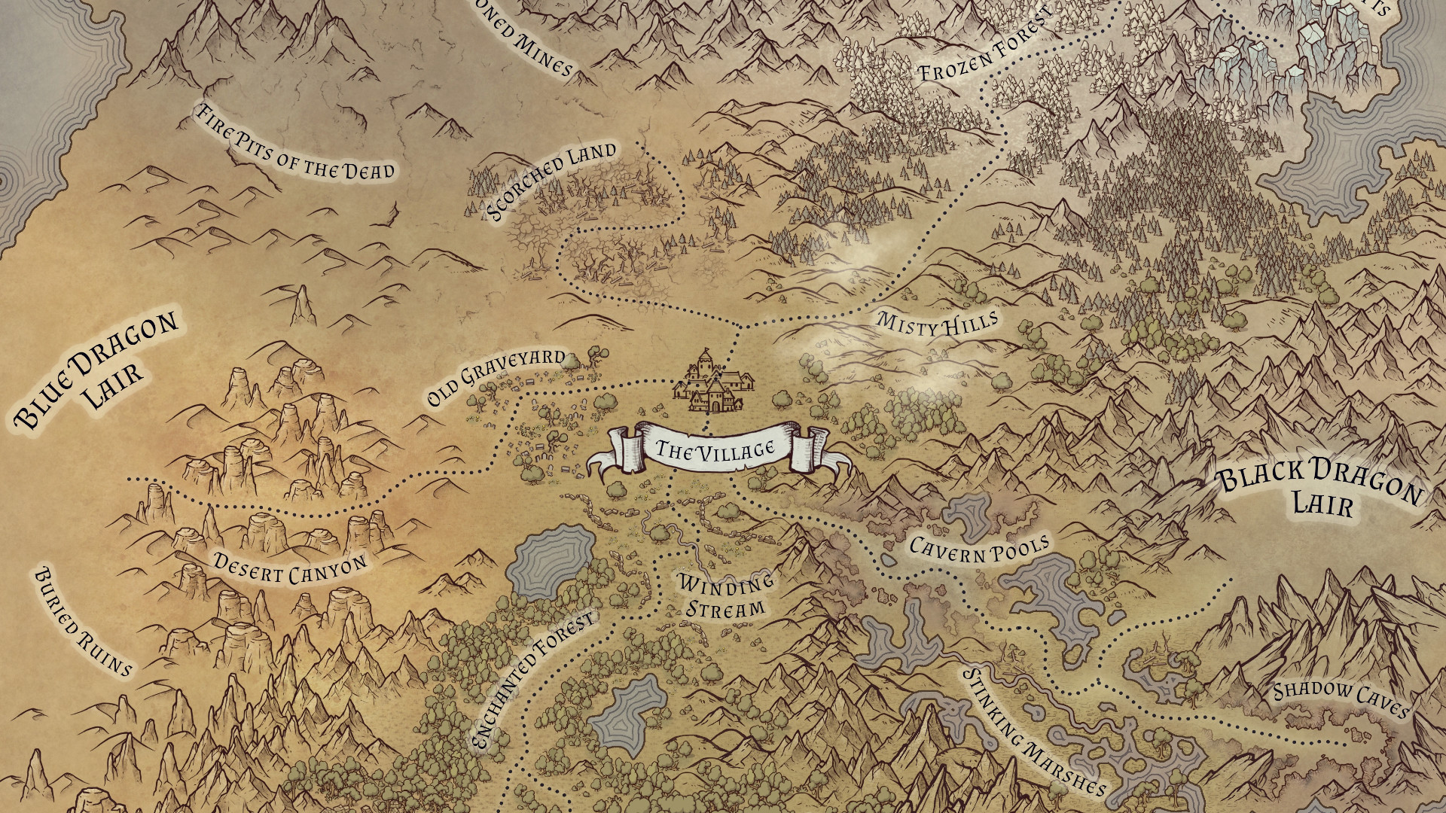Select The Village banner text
715,450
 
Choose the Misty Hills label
937,323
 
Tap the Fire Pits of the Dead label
294,142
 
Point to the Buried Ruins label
82,622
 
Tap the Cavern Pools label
979,550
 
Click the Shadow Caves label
1341,699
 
